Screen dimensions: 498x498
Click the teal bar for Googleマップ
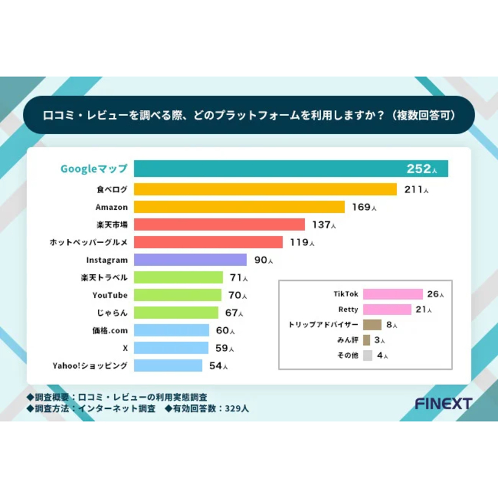coord(265,169)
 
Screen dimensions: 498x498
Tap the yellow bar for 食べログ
coord(265,189)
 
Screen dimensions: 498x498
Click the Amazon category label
coord(112,207)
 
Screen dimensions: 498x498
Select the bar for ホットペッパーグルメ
coord(207,242)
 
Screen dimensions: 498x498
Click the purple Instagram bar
coord(189,260)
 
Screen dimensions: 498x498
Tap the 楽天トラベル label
coord(104,277)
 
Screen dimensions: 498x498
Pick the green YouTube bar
coord(177,295)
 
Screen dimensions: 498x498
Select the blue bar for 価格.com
coord(171,330)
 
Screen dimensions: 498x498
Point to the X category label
coord(124,348)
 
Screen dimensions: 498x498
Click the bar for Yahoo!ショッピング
coord(168,365)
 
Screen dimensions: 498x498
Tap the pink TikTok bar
coord(393,294)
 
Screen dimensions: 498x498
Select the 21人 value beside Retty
coord(422,310)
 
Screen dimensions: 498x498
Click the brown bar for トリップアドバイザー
coord(372,325)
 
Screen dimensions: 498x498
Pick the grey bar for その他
coord(367,355)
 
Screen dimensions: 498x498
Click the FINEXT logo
coord(443,404)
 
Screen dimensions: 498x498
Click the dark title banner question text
coord(249,115)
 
